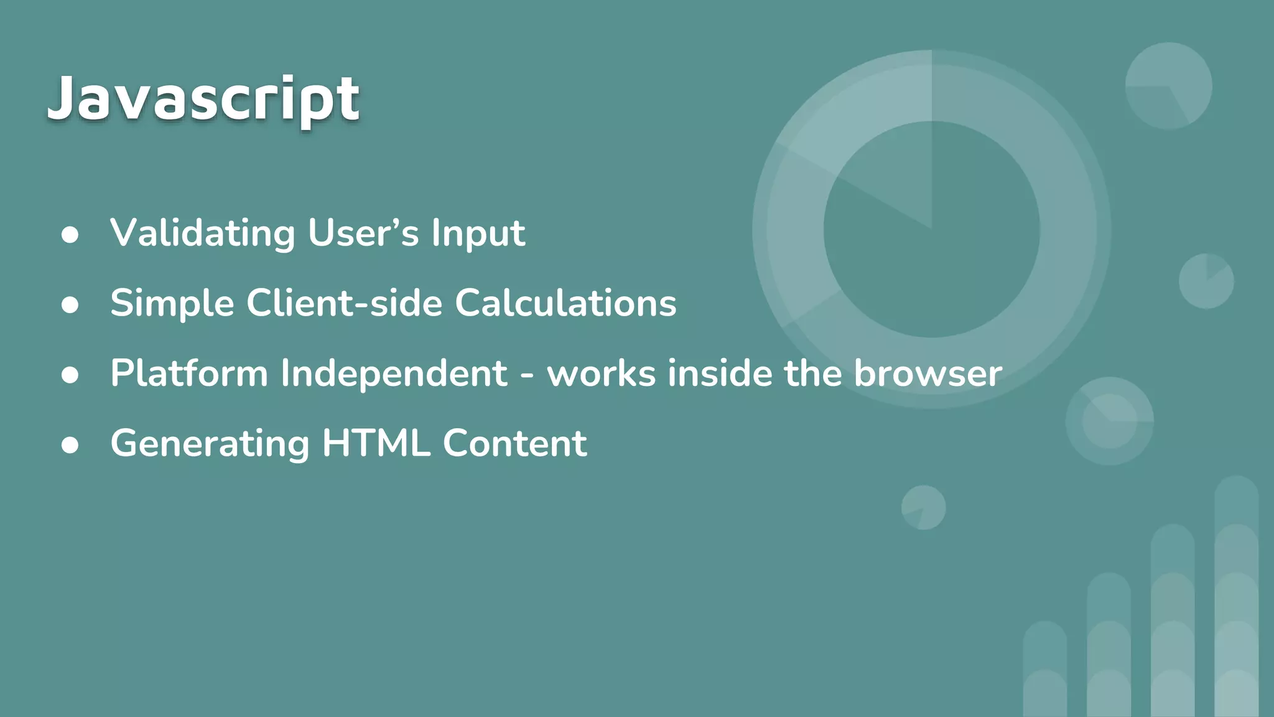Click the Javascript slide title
(x=203, y=98)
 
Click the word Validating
(x=202, y=233)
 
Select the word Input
(x=478, y=233)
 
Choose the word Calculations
(x=565, y=304)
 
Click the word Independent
(x=393, y=373)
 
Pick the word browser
(x=928, y=373)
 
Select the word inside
(x=720, y=373)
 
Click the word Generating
(x=210, y=444)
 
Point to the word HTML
(x=376, y=444)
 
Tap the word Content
(x=514, y=444)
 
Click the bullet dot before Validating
(x=70, y=235)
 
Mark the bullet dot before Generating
(x=70, y=446)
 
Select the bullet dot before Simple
(x=70, y=306)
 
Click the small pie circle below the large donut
(x=923, y=507)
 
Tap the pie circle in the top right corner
(x=1168, y=86)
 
